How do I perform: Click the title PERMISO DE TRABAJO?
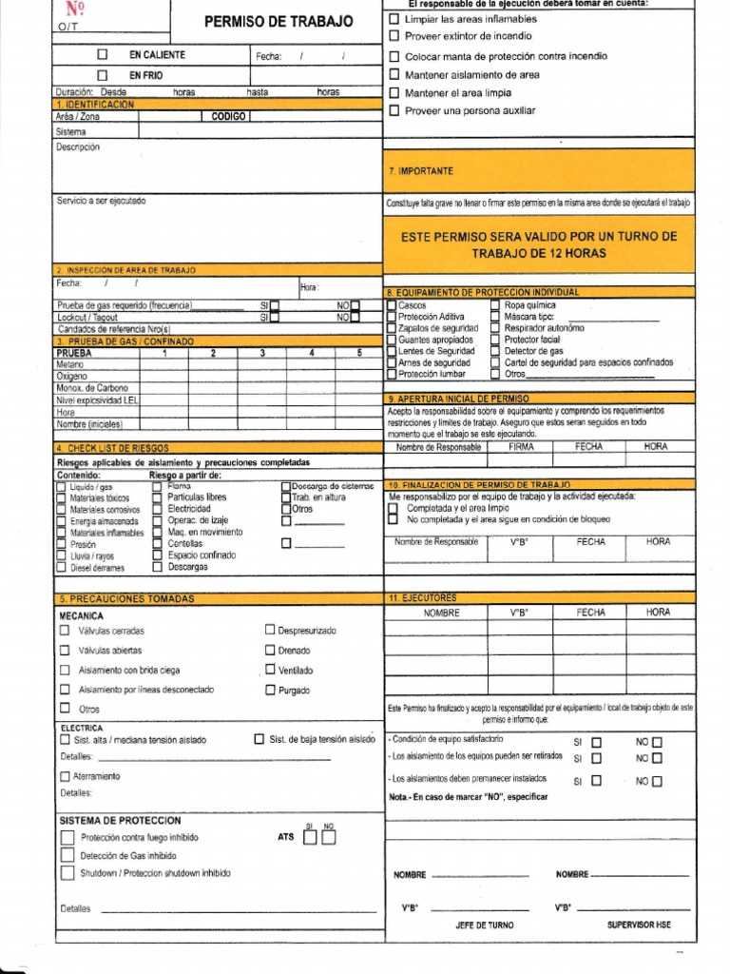[x=279, y=22]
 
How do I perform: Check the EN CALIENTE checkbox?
[x=103, y=56]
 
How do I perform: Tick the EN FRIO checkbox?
[x=103, y=75]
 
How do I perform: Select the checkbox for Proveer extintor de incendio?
[x=394, y=36]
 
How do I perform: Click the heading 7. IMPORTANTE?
[x=420, y=171]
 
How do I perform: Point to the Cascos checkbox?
[x=391, y=305]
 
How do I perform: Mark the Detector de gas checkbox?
[x=495, y=351]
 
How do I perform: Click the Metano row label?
[x=70, y=364]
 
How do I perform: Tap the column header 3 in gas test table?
[x=261, y=353]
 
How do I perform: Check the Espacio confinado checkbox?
[x=157, y=555]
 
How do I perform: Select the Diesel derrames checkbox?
[x=61, y=568]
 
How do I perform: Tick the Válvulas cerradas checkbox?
[x=65, y=631]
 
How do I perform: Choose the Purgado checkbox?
[x=270, y=691]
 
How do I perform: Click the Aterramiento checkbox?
[x=65, y=777]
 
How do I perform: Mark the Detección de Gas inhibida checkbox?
[x=67, y=855]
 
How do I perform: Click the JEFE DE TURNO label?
[x=485, y=925]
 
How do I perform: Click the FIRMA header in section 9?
[x=521, y=446]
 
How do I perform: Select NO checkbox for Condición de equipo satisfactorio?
[x=657, y=742]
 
